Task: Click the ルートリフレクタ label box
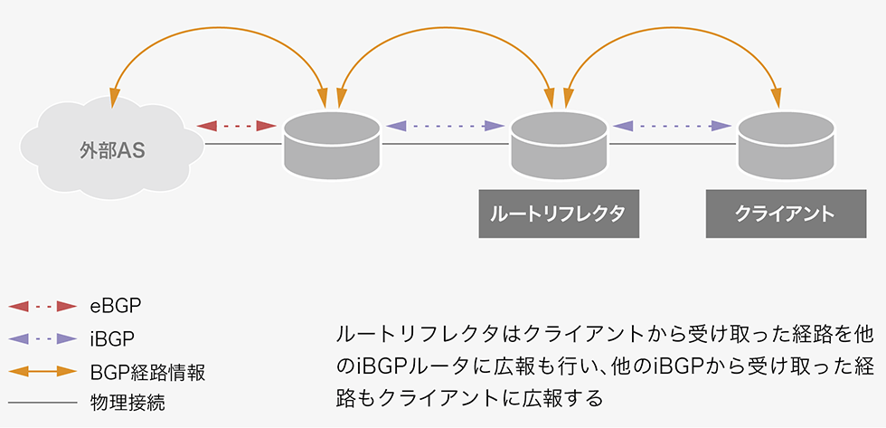pos(558,214)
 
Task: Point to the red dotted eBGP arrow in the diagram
pos(236,126)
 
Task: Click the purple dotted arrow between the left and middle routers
pos(443,126)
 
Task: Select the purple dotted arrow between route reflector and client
pos(670,126)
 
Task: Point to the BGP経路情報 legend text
pos(147,371)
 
